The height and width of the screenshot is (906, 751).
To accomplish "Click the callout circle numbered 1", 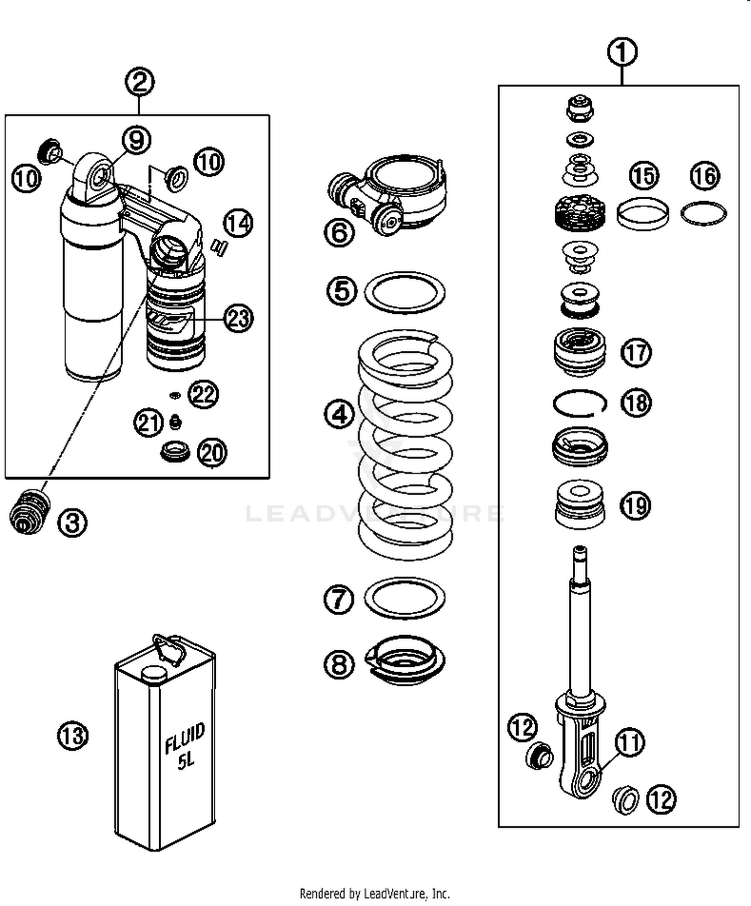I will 622,52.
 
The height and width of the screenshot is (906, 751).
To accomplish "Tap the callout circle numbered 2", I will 140,82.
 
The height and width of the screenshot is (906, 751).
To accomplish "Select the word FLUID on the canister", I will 185,737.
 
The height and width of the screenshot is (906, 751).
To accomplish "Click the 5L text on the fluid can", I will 186,761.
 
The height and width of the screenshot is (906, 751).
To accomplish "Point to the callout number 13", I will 73,735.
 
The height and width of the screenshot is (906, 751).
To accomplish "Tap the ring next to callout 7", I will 405,598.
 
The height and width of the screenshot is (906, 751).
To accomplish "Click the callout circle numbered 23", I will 238,318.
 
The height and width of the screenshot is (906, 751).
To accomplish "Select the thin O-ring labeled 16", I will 703,214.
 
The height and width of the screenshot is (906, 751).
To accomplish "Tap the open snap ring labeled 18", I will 580,403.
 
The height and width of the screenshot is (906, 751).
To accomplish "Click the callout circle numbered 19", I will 636,506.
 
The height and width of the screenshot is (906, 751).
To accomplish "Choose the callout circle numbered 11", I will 630,742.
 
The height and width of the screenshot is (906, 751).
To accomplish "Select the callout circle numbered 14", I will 238,223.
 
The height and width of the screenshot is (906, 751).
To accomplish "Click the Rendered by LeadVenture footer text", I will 374,893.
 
